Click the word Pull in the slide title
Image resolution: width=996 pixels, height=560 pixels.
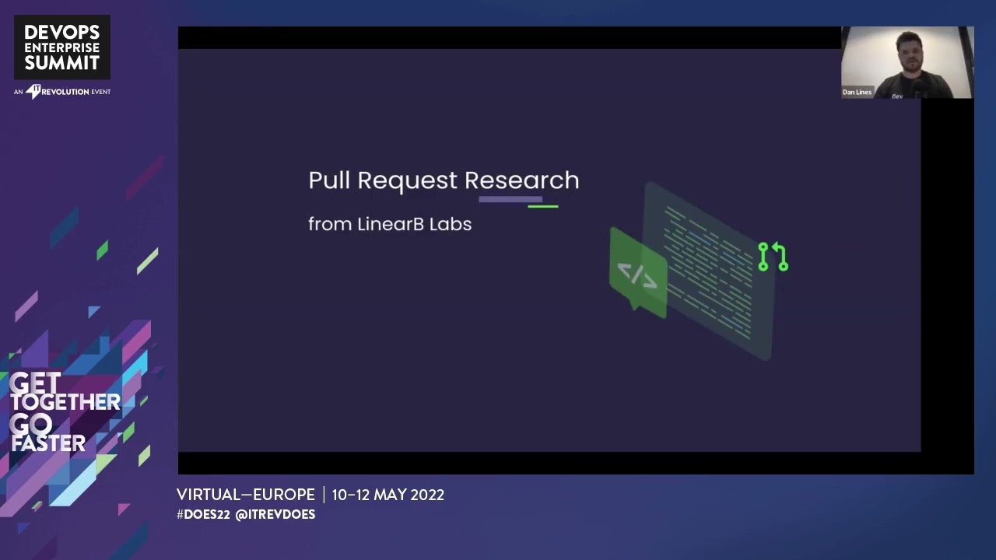coord(328,180)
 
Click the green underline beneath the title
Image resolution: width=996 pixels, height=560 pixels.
coord(543,207)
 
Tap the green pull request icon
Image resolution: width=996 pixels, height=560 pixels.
coord(773,257)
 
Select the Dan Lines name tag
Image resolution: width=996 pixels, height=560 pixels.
coord(857,92)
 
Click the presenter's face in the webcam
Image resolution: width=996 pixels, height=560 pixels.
coord(908,52)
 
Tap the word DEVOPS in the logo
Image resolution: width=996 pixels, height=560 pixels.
coord(62,32)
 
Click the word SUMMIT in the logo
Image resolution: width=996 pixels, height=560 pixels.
coord(62,63)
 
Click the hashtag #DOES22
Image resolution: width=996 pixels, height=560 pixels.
coord(202,515)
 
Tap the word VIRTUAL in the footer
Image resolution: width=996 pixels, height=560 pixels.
coord(209,495)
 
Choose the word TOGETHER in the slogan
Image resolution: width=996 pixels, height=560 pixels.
coord(65,402)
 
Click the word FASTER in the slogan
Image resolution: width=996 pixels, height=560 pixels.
coord(48,443)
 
